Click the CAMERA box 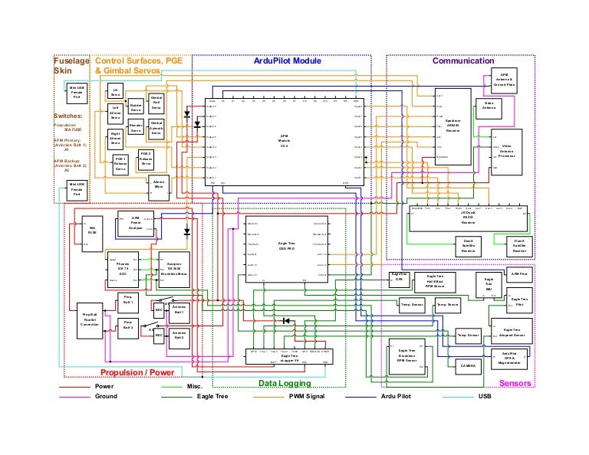click(x=468, y=367)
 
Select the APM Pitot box click(x=519, y=274)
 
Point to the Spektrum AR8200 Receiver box click(x=452, y=126)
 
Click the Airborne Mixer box click(x=159, y=185)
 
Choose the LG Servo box click(x=115, y=92)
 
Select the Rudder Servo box click(x=136, y=108)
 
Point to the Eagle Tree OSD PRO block click(x=286, y=245)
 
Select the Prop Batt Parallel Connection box click(x=90, y=319)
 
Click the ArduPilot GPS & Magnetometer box click(x=520, y=358)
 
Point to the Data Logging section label click(x=284, y=382)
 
